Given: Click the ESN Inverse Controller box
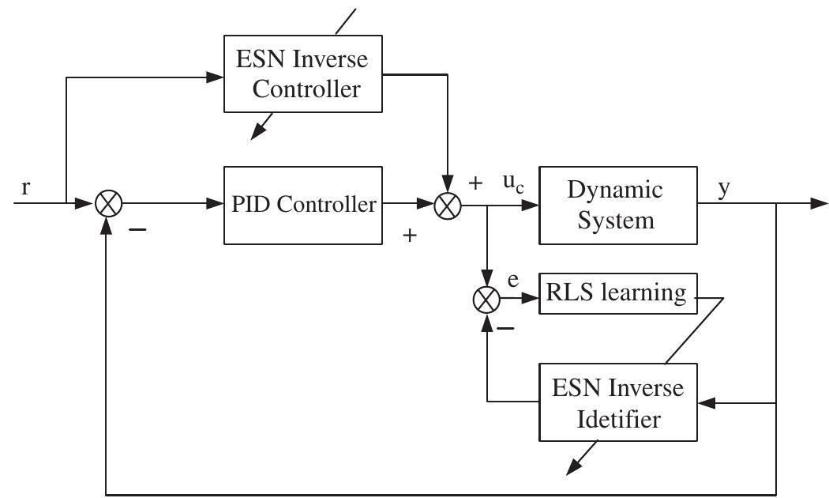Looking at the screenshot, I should pos(303,74).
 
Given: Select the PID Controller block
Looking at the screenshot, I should pos(303,205).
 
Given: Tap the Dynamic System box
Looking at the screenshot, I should pos(617,205).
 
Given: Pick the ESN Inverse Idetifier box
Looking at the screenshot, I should pos(617,402).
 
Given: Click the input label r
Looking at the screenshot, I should pos(26,188).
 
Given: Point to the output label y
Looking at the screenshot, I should pos(724,189).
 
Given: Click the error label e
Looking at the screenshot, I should pos(513,281).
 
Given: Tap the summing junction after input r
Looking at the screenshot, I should pos(107,205).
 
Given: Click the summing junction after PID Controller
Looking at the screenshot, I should pos(447,205).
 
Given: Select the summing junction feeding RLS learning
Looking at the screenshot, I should pos(486,300).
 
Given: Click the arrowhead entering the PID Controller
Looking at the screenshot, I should pos(215,205).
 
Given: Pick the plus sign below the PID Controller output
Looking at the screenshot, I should pos(410,235).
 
